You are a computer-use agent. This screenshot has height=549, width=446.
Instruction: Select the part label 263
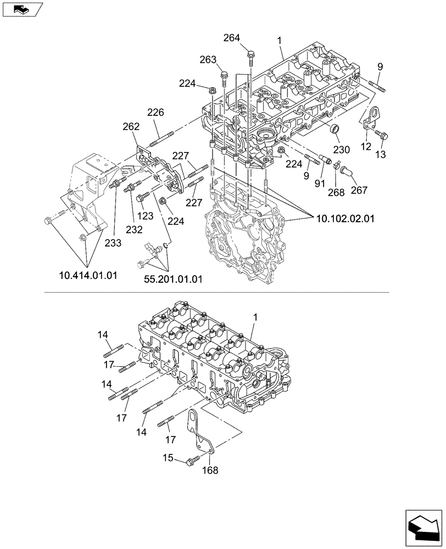(207, 59)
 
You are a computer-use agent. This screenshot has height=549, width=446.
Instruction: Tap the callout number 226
(155, 113)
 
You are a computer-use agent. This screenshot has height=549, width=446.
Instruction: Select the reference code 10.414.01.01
(88, 275)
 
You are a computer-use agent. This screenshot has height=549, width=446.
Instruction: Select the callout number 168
(210, 470)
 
